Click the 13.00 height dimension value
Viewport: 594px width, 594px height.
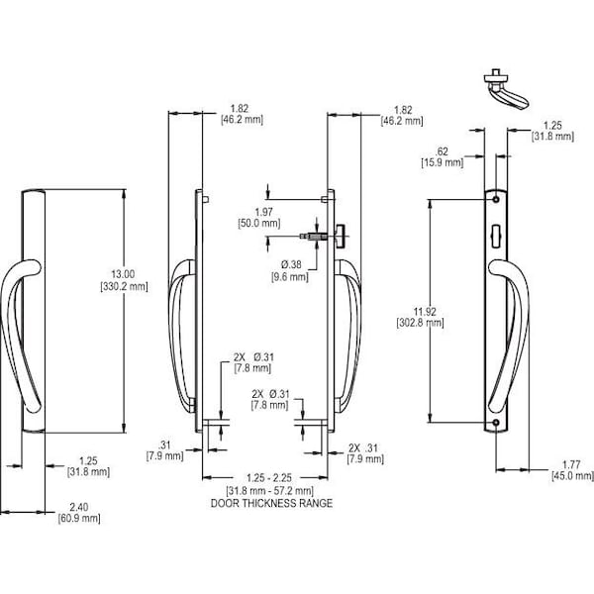click(124, 273)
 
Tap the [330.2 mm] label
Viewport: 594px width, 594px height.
click(124, 287)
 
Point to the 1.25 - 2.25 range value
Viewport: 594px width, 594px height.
click(268, 479)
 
